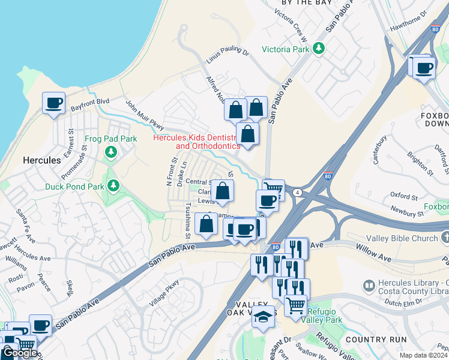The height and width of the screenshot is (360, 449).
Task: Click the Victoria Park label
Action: [x=285, y=49]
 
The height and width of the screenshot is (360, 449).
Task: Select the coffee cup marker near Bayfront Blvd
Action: [x=53, y=103]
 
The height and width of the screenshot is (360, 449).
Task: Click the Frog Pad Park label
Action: [x=111, y=139]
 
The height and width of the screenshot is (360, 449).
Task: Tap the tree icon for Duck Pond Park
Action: [x=112, y=186]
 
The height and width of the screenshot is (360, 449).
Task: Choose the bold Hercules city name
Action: [x=41, y=161]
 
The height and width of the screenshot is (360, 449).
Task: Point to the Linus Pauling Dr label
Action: [x=227, y=50]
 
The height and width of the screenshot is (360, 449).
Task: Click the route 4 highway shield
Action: [x=297, y=192]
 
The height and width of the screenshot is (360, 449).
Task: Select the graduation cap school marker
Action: [x=262, y=317]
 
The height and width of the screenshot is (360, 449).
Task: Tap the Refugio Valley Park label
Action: [x=324, y=316]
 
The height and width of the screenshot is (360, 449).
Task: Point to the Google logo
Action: [x=19, y=353]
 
